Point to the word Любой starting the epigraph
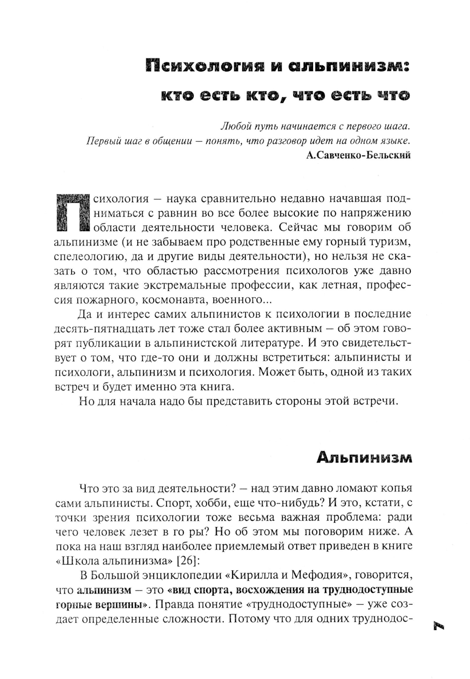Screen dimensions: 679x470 [233, 127]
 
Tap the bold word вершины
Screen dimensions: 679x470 [124, 604]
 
